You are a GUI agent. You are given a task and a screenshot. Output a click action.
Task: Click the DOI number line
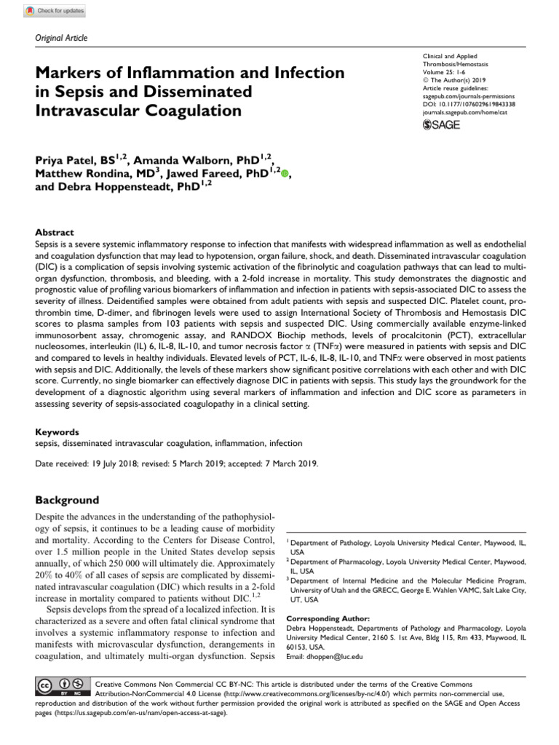(469, 104)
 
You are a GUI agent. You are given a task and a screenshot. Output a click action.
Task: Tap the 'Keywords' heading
(57, 431)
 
